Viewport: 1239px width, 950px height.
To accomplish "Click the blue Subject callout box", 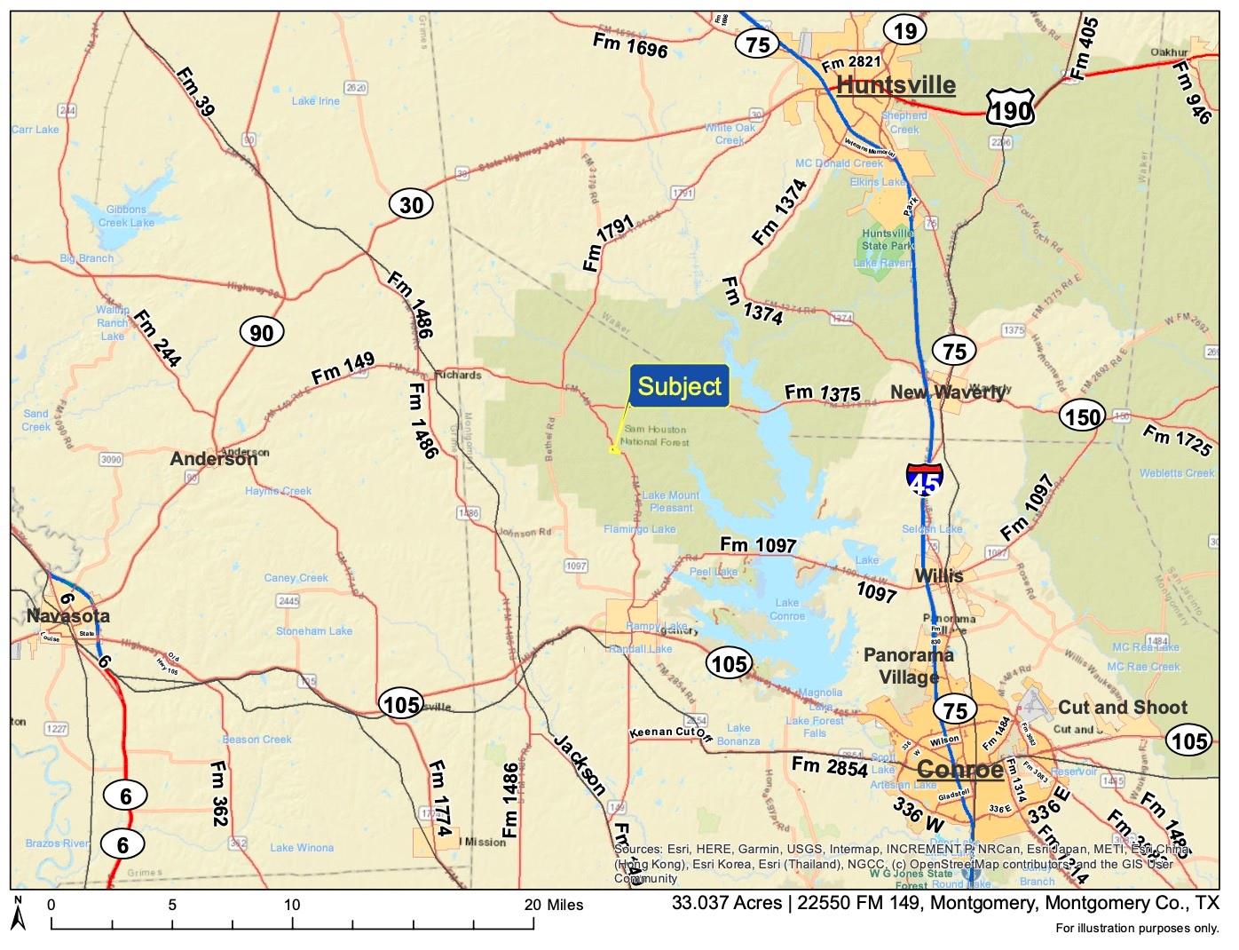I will [x=680, y=386].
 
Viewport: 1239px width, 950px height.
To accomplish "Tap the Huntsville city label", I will [x=896, y=85].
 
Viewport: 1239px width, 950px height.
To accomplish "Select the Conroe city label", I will [x=959, y=769].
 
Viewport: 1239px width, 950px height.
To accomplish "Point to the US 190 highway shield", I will [x=1010, y=109].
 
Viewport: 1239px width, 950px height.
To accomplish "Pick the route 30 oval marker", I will [x=411, y=205].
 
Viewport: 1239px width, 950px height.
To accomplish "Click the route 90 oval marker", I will [x=262, y=333].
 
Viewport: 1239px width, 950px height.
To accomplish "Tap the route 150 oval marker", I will [x=1082, y=416].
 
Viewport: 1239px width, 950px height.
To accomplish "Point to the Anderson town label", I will [x=214, y=459].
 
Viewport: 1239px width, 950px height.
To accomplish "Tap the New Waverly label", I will [x=947, y=392].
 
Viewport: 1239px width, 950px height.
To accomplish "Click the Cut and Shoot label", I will [x=1122, y=707].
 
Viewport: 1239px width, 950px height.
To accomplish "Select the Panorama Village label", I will [x=909, y=666].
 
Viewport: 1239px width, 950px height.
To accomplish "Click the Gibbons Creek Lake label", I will [x=125, y=216].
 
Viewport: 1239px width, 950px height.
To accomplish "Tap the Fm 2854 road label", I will [x=829, y=767].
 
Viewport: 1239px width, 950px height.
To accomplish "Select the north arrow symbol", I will [x=18, y=915].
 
